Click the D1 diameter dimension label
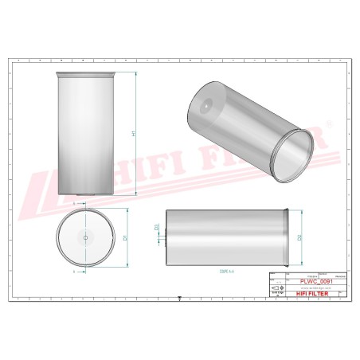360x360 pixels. pos(125,237)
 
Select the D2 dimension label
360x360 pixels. pos(299,237)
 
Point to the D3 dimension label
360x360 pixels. pos(156,228)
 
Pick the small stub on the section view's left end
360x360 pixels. pos(163,237)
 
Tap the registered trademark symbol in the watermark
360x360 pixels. pos(326,125)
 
